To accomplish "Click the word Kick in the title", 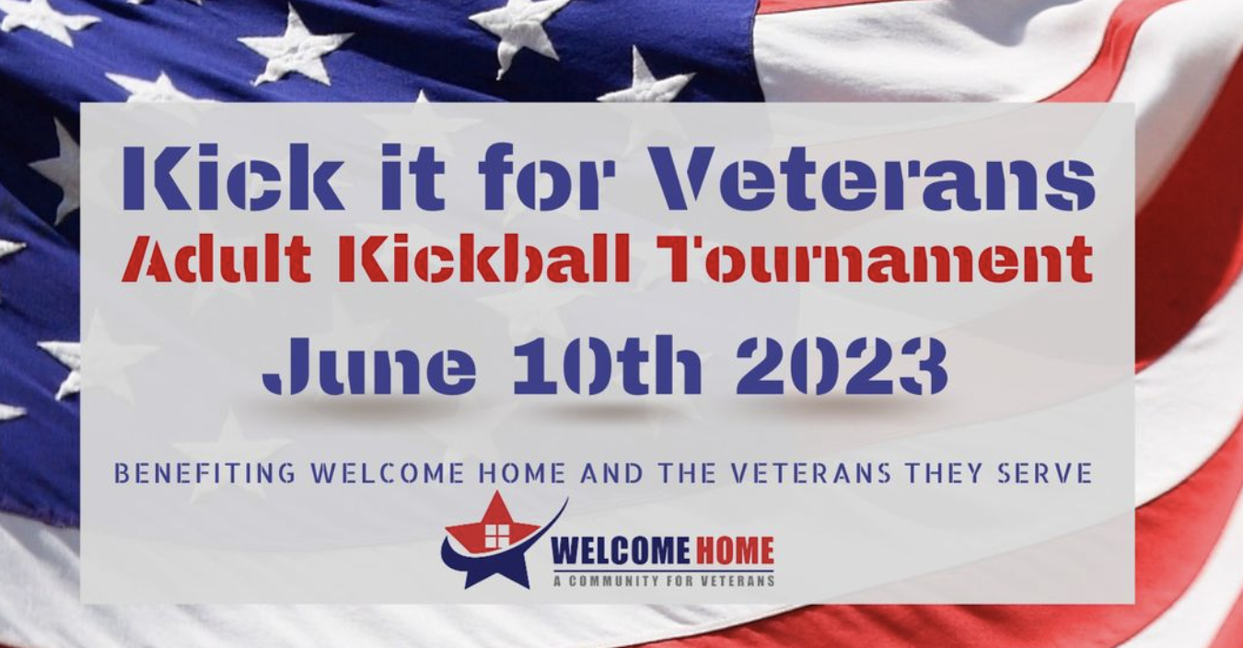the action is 231,177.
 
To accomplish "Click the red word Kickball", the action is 484,258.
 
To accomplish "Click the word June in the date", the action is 368,365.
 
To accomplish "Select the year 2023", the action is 842,365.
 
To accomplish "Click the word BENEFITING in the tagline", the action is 204,473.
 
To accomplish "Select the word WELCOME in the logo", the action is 620,550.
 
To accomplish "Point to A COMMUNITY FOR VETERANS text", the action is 663,581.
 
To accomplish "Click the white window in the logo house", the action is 496,536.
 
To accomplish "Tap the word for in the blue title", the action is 547,177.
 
